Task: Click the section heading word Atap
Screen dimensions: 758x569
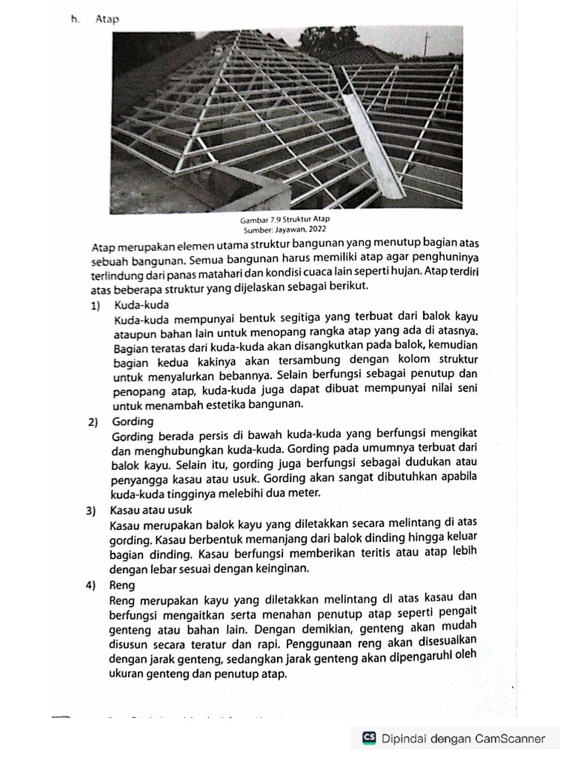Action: click(x=107, y=20)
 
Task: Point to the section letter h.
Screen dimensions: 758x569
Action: click(x=75, y=20)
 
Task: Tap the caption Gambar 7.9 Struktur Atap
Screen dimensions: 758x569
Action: click(x=284, y=221)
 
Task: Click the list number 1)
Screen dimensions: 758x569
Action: click(x=94, y=304)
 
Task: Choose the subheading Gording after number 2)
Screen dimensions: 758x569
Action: click(x=132, y=421)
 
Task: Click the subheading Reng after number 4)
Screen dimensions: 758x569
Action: click(x=122, y=584)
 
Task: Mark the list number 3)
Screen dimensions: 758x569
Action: click(x=93, y=510)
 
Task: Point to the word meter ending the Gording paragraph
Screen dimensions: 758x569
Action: click(x=305, y=493)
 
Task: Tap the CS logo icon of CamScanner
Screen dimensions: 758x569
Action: click(x=369, y=737)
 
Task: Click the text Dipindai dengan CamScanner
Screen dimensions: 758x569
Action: click(x=463, y=737)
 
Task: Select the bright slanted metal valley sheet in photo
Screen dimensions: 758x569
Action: click(x=374, y=144)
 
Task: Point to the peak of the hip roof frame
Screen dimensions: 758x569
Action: click(x=235, y=33)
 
